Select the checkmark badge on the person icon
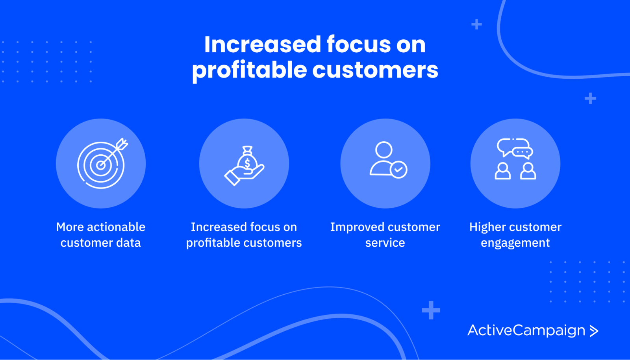(398, 170)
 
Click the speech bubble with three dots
(523, 152)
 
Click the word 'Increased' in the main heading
(262, 44)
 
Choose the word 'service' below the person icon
(385, 242)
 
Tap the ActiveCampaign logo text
(526, 330)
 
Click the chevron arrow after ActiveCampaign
(594, 331)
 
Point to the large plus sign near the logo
(431, 310)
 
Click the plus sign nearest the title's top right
(477, 24)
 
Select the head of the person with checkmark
(384, 150)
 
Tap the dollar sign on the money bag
(247, 163)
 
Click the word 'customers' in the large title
(375, 70)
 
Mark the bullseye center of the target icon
(100, 165)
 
